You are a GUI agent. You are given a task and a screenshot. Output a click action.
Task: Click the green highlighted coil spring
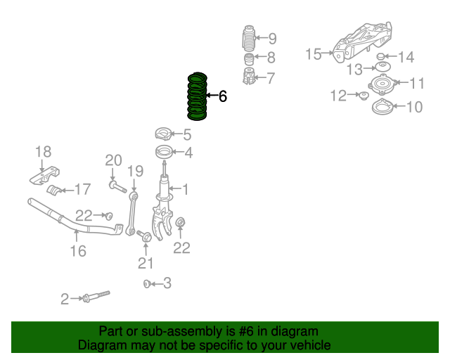click(196, 96)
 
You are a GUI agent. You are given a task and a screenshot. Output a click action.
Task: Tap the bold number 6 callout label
click(223, 96)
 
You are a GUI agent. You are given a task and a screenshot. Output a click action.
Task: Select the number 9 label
click(272, 39)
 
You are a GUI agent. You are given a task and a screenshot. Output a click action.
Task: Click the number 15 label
click(314, 53)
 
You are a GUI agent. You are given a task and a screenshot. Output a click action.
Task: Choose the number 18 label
click(43, 151)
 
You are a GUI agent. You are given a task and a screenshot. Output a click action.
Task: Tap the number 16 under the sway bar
click(78, 250)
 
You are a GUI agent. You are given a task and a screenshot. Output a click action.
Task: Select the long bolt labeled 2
click(97, 296)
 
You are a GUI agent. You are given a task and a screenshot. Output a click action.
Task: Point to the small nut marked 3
click(146, 283)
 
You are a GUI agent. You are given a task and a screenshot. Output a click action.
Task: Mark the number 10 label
click(414, 107)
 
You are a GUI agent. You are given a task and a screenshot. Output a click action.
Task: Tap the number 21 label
click(146, 263)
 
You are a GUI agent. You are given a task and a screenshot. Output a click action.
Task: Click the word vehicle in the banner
click(307, 345)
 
